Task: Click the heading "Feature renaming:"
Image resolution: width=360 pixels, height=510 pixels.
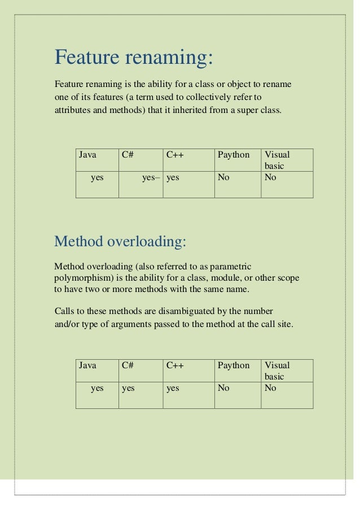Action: [x=134, y=57]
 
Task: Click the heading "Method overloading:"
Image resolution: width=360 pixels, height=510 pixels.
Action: [x=120, y=242]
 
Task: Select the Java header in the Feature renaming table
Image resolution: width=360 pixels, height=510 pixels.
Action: [x=87, y=155]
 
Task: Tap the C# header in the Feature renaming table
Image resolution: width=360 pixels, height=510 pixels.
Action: [x=127, y=155]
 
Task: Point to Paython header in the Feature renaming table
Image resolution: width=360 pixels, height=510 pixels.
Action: [x=234, y=155]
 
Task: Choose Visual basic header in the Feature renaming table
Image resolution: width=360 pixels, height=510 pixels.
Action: [x=276, y=160]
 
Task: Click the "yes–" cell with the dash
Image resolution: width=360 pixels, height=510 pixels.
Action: [x=151, y=177]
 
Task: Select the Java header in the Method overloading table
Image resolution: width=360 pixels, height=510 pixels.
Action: [x=87, y=365]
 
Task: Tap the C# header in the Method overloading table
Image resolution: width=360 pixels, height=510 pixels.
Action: [x=127, y=365]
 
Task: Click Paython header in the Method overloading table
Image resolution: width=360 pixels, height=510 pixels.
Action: [x=234, y=365]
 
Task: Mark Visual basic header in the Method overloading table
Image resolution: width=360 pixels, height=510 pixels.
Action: [x=276, y=370]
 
